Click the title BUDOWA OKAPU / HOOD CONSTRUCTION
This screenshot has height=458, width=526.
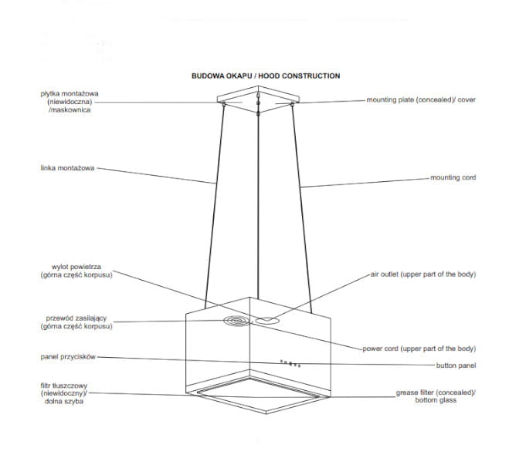[x=266, y=76]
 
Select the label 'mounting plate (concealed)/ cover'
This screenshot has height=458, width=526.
[x=421, y=99]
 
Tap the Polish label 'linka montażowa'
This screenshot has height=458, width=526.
[x=67, y=168]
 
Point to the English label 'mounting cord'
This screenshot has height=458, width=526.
[x=453, y=177]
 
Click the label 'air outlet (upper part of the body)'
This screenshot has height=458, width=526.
[x=423, y=274]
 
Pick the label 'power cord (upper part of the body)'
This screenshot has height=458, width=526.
[x=419, y=349]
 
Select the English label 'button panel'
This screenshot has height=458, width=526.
[x=456, y=365]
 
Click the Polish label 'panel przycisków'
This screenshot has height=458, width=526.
[x=68, y=357]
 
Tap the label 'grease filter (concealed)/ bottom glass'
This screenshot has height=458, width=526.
[x=436, y=396]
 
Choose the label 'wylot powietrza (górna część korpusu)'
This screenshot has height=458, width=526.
[x=76, y=271]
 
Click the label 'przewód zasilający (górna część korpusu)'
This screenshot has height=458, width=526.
[x=76, y=322]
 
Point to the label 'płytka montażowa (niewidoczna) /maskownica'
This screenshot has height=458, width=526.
[x=70, y=102]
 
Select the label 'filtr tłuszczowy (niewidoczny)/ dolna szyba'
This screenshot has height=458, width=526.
[x=64, y=393]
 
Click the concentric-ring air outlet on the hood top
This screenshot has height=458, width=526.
[x=237, y=322]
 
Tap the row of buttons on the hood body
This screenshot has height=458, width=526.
[x=290, y=364]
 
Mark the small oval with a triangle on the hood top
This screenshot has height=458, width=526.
[x=266, y=321]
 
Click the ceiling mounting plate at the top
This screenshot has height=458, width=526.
[x=258, y=99]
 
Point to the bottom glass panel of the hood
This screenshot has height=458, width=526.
[x=258, y=395]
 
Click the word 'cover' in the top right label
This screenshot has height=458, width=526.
[x=467, y=99]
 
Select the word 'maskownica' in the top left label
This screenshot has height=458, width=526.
[x=70, y=109]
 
